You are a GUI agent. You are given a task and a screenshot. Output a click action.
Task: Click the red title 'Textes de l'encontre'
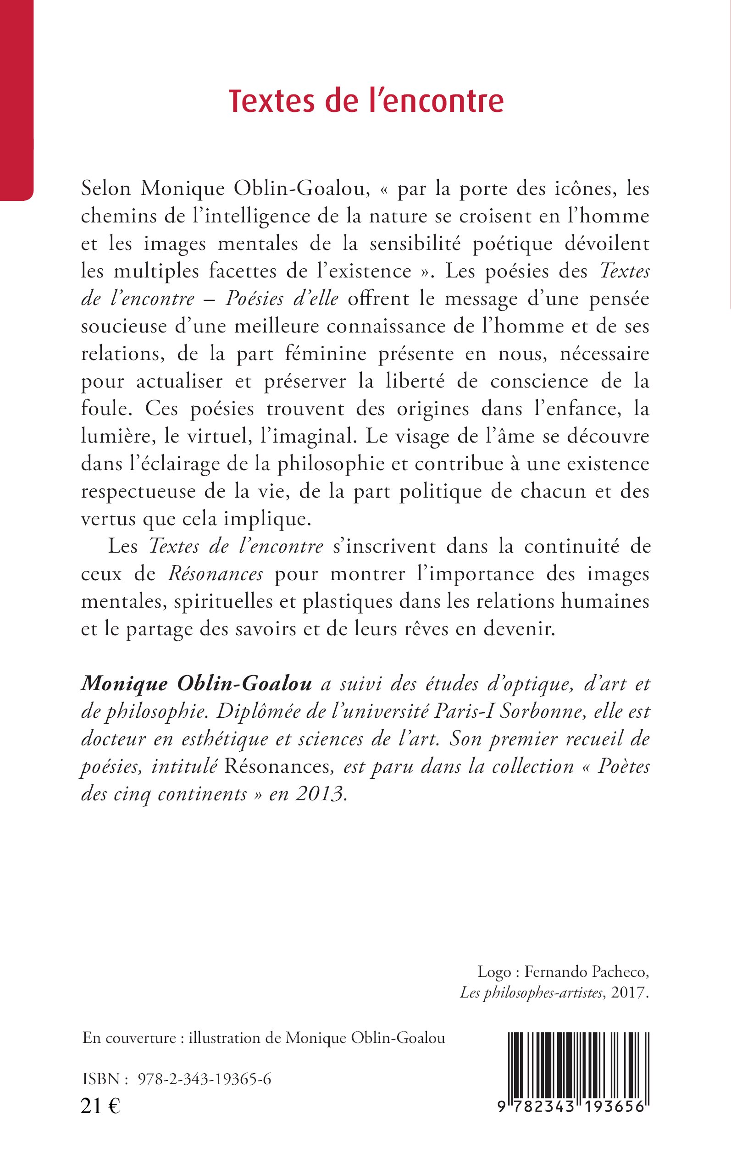[x=366, y=101]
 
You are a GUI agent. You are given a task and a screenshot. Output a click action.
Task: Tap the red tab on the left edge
[x=16, y=99]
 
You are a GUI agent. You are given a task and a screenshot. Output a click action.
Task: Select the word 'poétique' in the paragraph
[x=512, y=244]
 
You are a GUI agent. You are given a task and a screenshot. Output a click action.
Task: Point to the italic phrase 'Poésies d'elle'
[x=282, y=299]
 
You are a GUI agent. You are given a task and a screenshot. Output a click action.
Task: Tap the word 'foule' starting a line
[x=104, y=410]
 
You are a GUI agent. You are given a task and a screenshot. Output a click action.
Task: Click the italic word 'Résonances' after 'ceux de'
[x=216, y=574]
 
